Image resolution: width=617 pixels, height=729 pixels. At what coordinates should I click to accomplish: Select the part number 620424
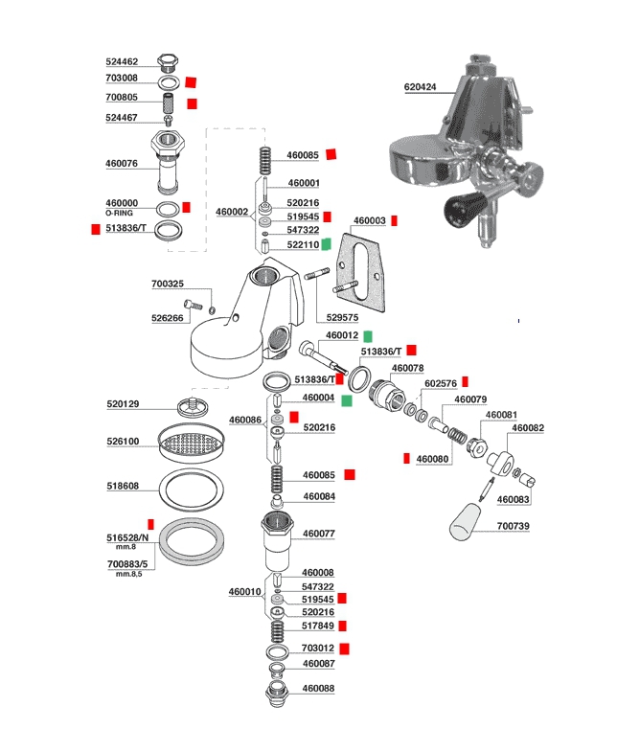[420, 86]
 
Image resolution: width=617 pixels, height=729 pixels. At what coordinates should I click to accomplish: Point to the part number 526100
[122, 442]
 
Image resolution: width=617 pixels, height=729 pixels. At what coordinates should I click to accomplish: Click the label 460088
[318, 688]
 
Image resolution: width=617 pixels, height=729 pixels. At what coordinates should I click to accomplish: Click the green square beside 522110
[326, 244]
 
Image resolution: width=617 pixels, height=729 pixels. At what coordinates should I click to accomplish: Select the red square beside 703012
[344, 648]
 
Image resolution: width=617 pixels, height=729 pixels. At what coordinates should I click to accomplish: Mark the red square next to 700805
[192, 103]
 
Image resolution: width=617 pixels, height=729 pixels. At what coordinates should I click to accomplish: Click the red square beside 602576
[465, 381]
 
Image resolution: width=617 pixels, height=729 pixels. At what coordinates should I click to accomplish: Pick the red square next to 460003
[393, 220]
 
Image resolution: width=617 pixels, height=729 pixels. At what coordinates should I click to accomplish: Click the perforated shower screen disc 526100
[189, 443]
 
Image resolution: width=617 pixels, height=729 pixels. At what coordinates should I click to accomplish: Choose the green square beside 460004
[346, 399]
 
